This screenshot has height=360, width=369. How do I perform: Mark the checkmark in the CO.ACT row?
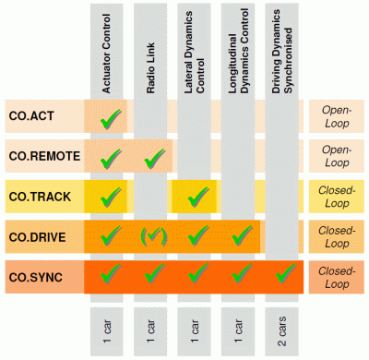point(110,116)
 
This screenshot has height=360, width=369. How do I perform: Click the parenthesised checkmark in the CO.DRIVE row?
point(153,234)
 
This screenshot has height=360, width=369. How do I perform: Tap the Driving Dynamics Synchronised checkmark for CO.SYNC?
point(283,273)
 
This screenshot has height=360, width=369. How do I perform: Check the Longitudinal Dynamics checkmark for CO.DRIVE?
point(240,234)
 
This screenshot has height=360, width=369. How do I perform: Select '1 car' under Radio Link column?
point(153,327)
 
